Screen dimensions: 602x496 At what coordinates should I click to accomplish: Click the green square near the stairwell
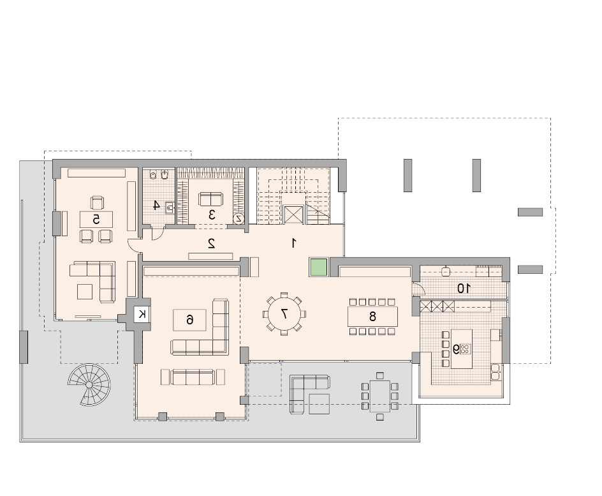pos(318,267)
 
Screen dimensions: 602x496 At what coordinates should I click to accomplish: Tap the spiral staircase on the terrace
pos(89,384)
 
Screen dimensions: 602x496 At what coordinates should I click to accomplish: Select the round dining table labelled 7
pos(284,314)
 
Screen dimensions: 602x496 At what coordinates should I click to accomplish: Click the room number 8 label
pos(372,316)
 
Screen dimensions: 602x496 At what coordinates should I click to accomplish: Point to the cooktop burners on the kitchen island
pos(465,349)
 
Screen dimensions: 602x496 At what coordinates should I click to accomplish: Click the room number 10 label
pos(463,288)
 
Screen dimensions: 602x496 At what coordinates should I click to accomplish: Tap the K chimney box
pos(142,314)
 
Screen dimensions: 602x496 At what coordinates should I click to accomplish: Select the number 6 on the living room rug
pos(189,319)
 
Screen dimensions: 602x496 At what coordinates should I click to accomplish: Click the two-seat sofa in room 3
pos(210,199)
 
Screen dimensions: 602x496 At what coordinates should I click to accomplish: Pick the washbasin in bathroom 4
pos(170,208)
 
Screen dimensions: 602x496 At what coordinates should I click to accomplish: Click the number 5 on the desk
pos(96,220)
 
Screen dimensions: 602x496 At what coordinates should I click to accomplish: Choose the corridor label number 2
pos(211,243)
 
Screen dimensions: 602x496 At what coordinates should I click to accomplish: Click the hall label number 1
pos(294,243)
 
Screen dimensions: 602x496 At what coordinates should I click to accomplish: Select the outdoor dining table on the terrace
pos(379,396)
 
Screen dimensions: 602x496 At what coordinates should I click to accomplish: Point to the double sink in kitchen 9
pos(496,372)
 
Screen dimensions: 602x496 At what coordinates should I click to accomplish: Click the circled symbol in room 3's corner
pos(239,218)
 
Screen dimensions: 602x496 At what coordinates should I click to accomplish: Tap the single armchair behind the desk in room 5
pos(97,202)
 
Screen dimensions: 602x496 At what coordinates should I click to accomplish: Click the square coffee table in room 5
pos(85,291)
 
